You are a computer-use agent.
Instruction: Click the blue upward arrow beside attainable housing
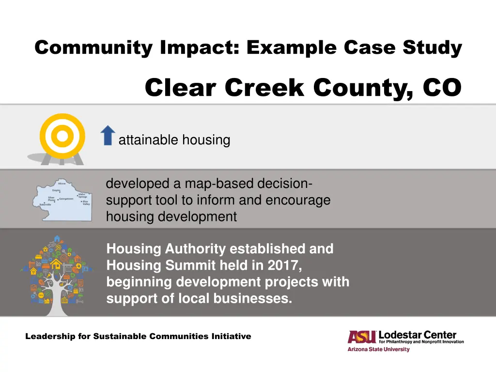tap(108, 135)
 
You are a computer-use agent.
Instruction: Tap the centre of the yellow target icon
tap(62, 136)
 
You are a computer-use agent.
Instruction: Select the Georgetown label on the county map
tap(66, 199)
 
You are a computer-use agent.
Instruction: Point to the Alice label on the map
tap(61, 184)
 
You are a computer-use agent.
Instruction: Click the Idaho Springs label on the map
tap(82, 195)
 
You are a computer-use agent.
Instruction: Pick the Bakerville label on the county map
tap(46, 205)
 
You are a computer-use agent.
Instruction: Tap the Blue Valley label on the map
tap(86, 202)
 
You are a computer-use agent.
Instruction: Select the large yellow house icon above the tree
tap(56, 264)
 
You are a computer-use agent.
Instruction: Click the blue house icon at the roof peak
tap(57, 239)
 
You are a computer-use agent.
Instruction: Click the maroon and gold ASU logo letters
tap(362, 337)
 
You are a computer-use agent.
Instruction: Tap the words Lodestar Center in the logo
tap(417, 335)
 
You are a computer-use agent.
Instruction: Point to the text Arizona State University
tap(378, 349)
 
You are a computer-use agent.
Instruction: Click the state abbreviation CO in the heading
tap(442, 88)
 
